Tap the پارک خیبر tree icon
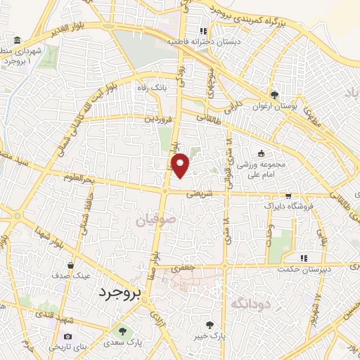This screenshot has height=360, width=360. (x=209, y=324)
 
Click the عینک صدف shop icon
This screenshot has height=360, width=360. (x=71, y=265)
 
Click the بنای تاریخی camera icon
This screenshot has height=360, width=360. (x=67, y=336)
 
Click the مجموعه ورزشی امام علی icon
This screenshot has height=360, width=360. (x=262, y=153)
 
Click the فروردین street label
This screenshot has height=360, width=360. (x=158, y=119)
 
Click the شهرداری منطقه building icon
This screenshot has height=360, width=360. (x=16, y=39)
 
